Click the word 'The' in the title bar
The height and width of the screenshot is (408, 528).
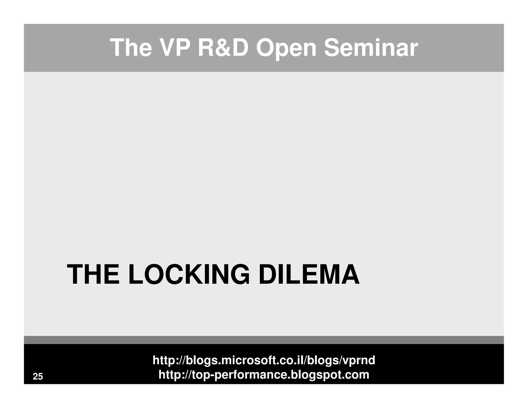point(131,48)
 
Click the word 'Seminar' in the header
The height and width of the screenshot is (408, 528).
point(371,48)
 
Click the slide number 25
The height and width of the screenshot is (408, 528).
point(38,377)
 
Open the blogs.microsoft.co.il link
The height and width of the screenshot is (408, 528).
point(264,360)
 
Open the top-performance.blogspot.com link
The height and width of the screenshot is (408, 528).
point(264,375)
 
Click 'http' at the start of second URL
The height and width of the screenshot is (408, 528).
point(168,375)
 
